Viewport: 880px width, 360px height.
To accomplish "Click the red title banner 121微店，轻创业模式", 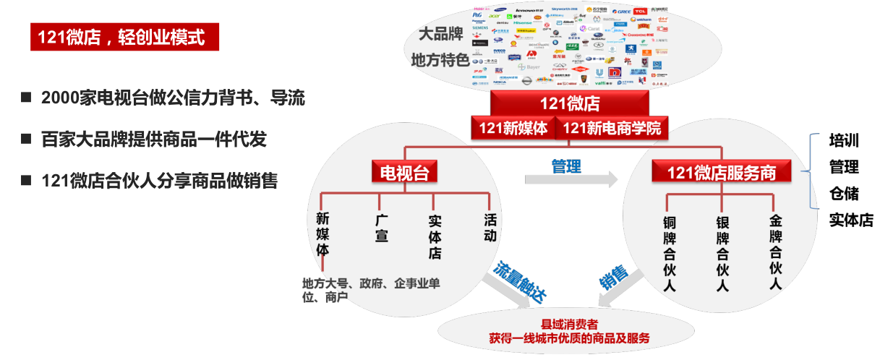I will [124, 37].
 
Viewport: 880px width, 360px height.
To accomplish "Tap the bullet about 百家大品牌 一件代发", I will [154, 140].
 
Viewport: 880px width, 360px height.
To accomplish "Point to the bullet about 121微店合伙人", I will [159, 181].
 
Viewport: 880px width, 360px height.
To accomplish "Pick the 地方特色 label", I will [440, 59].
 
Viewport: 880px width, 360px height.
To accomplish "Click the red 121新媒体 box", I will [513, 129].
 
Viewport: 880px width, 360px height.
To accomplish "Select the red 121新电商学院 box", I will [611, 129].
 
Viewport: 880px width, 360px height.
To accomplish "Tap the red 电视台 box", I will [404, 171].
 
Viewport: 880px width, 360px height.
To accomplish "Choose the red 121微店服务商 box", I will [722, 172].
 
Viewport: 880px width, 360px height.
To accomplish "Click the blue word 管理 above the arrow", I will [566, 167].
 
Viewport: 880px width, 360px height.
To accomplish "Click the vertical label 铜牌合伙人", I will [670, 253].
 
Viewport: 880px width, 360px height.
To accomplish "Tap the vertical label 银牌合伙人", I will [722, 253].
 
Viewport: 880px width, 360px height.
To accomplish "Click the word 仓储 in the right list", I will [844, 193].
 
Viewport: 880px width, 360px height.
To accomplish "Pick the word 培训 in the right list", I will [844, 141].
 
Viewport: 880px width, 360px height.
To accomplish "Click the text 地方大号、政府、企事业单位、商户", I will [371, 290].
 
